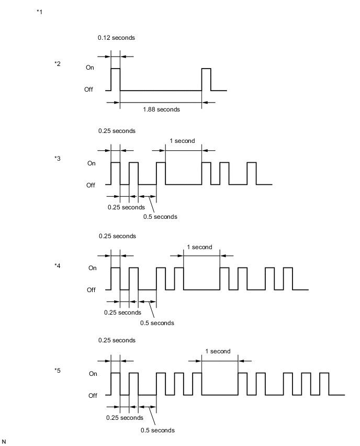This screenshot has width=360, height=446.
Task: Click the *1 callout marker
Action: point(39,12)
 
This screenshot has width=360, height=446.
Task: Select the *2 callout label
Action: point(58,64)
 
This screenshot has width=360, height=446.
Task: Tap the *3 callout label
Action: point(58,158)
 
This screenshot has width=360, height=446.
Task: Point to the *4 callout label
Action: point(58,265)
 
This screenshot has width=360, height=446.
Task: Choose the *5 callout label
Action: point(58,371)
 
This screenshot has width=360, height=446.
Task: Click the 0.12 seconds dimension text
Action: point(116,38)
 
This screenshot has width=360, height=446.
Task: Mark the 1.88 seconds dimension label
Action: point(161,109)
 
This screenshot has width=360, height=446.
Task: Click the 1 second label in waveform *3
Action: point(182,141)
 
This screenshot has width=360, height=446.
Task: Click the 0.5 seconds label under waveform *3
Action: point(160,217)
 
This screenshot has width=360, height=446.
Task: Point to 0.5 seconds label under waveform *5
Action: point(157,430)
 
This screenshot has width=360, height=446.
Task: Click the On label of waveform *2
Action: point(90,68)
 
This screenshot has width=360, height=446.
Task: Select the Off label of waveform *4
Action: point(91,289)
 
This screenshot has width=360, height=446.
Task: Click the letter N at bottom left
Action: point(5,442)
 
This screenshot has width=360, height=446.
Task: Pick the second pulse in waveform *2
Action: point(206,79)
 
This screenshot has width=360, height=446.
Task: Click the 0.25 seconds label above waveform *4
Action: point(117,236)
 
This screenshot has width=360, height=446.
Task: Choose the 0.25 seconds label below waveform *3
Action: point(126,207)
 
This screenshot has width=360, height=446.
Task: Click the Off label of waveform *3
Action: point(91,185)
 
